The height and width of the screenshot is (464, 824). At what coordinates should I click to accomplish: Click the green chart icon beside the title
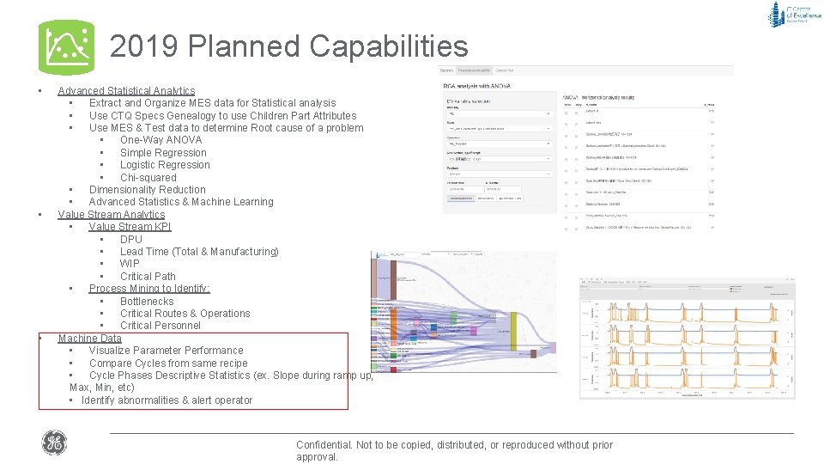coord(66,47)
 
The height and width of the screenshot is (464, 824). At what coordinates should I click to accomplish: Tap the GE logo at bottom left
coord(54,443)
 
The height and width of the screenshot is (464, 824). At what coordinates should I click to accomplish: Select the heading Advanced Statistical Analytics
coord(126,90)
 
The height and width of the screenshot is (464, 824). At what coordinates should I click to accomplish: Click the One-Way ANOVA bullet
coord(161,140)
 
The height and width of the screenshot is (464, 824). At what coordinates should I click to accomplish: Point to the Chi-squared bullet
coord(148,178)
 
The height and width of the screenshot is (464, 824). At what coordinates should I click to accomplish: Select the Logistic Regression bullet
coord(165,165)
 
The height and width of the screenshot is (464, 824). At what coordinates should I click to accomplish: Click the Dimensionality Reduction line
coord(147,190)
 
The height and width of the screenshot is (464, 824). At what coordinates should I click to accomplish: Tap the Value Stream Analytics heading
coord(112,215)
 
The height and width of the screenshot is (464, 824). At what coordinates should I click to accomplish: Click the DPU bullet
coord(131,240)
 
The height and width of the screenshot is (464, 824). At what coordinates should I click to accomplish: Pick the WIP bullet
coord(130,264)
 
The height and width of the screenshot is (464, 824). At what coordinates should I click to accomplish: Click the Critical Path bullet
coord(148,277)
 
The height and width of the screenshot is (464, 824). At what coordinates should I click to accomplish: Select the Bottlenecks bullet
coord(147,302)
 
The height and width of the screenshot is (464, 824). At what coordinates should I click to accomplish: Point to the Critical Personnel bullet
coord(161,326)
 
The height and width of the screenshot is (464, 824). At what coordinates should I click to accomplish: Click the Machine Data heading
coord(89,339)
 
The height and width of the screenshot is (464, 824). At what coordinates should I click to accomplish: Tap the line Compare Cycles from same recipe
coord(168,363)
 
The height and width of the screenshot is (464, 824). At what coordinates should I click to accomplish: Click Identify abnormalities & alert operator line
coord(167,400)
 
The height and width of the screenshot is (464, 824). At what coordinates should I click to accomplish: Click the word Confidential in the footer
coord(324,445)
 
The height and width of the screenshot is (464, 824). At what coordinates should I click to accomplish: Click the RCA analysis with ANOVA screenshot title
coord(476,86)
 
